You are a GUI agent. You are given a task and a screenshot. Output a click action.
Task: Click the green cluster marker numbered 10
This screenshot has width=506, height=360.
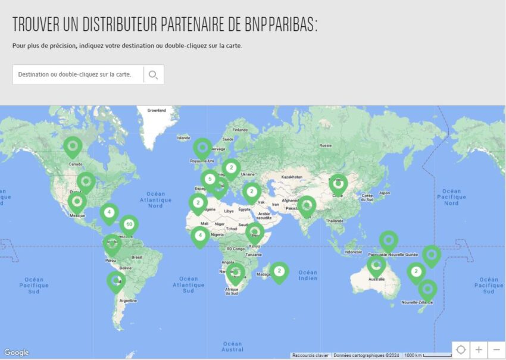pos(129,224)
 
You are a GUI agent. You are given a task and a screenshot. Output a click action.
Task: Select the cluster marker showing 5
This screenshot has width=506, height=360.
pos(210,179)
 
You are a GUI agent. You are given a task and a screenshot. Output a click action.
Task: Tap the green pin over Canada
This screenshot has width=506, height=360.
pos(73,146)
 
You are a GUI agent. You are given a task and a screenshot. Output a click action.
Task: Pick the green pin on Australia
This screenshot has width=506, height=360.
pos(376,266)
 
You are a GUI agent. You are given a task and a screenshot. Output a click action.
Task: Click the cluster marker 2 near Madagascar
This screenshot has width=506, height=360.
pos(279,271)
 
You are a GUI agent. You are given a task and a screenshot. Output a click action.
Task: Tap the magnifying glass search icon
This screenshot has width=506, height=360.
pos(153,75)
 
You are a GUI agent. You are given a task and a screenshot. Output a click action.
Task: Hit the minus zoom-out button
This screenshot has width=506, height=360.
pos(496,349)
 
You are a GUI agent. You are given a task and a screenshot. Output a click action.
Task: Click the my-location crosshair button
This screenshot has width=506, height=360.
pos(461,349)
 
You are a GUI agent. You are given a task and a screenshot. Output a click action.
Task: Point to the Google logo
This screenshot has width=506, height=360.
pos(16,353)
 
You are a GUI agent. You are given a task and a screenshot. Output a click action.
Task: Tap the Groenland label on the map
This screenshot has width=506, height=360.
pos(157,110)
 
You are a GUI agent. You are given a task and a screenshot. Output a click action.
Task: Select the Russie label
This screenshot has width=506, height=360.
pos(325,145)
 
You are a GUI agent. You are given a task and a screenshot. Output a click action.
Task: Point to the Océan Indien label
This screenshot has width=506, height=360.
pos(308,275)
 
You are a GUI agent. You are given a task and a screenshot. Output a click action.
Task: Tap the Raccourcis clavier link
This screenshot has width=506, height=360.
pos(310,355)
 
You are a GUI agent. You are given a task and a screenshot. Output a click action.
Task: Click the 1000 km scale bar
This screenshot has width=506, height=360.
pos(426,355)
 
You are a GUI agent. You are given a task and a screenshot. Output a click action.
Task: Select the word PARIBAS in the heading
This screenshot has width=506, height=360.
pos(292,24)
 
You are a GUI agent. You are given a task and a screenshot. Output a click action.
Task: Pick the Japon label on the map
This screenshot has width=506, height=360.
pos(385,193)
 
